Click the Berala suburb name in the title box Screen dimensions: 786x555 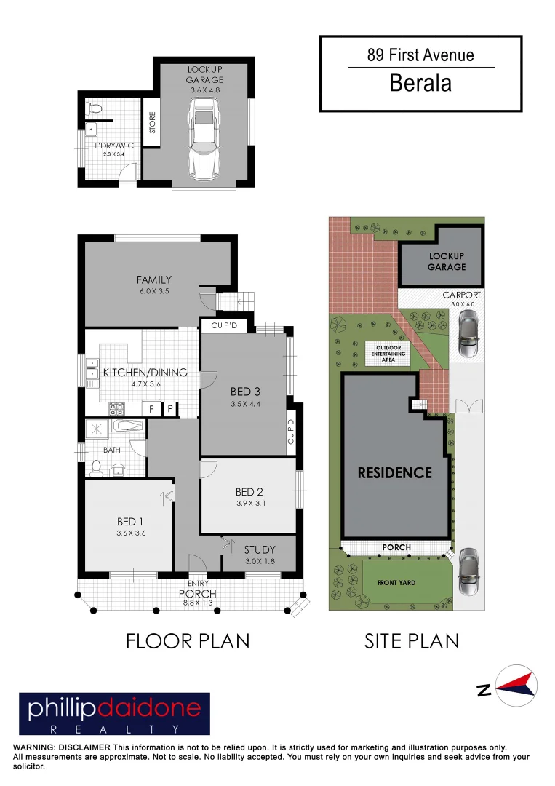(x=420, y=83)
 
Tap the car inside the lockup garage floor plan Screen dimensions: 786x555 (x=203, y=140)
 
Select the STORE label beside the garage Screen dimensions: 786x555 (x=152, y=122)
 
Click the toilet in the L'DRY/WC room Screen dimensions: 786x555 (x=92, y=110)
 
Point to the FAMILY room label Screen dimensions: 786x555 (x=154, y=279)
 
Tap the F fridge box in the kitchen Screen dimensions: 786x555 (x=151, y=409)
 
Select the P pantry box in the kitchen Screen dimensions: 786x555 (x=170, y=409)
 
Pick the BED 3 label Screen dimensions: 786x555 (x=246, y=392)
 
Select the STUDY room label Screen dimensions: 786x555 (x=259, y=549)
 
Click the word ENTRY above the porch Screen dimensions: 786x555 (x=198, y=583)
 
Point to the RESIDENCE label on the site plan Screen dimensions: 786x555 (x=394, y=472)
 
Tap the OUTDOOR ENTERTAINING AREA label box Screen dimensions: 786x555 (x=388, y=353)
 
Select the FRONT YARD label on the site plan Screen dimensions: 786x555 (x=396, y=583)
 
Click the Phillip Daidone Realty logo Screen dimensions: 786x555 (x=114, y=713)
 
